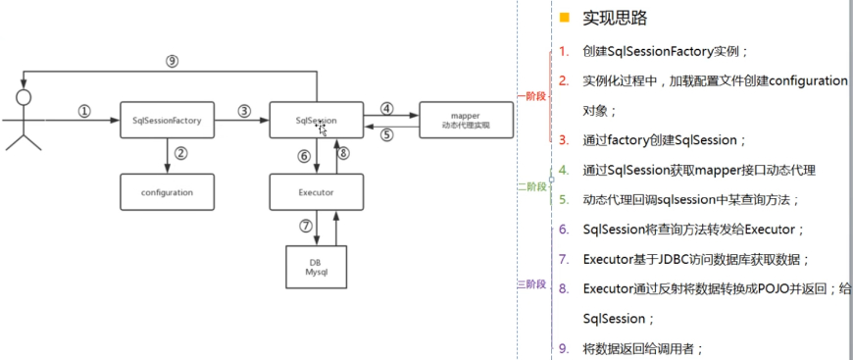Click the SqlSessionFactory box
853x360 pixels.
(x=167, y=120)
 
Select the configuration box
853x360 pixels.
(x=167, y=192)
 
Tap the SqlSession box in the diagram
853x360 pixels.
(x=316, y=120)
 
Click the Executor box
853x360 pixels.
(x=316, y=192)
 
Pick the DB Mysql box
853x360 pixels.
(x=316, y=267)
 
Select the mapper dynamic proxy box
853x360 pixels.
(x=466, y=120)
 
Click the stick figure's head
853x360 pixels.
(x=24, y=97)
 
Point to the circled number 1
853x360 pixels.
(x=84, y=111)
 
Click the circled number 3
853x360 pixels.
(x=243, y=111)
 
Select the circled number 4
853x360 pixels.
(x=387, y=108)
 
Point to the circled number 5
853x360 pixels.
(x=387, y=135)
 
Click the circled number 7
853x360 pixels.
(x=304, y=227)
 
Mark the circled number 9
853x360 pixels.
(x=172, y=61)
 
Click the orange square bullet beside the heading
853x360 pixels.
(x=564, y=18)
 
